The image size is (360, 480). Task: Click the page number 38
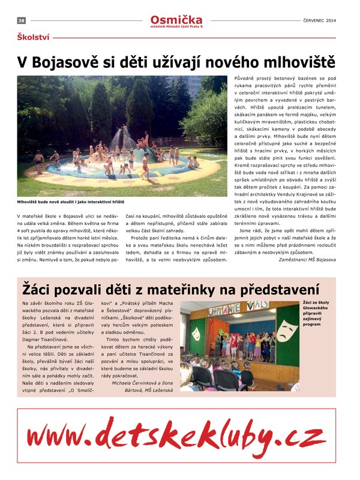(x=21, y=20)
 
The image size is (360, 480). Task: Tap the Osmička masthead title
(x=176, y=19)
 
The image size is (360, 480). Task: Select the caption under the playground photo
(x=70, y=202)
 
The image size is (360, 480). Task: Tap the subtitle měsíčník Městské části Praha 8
(x=176, y=27)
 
